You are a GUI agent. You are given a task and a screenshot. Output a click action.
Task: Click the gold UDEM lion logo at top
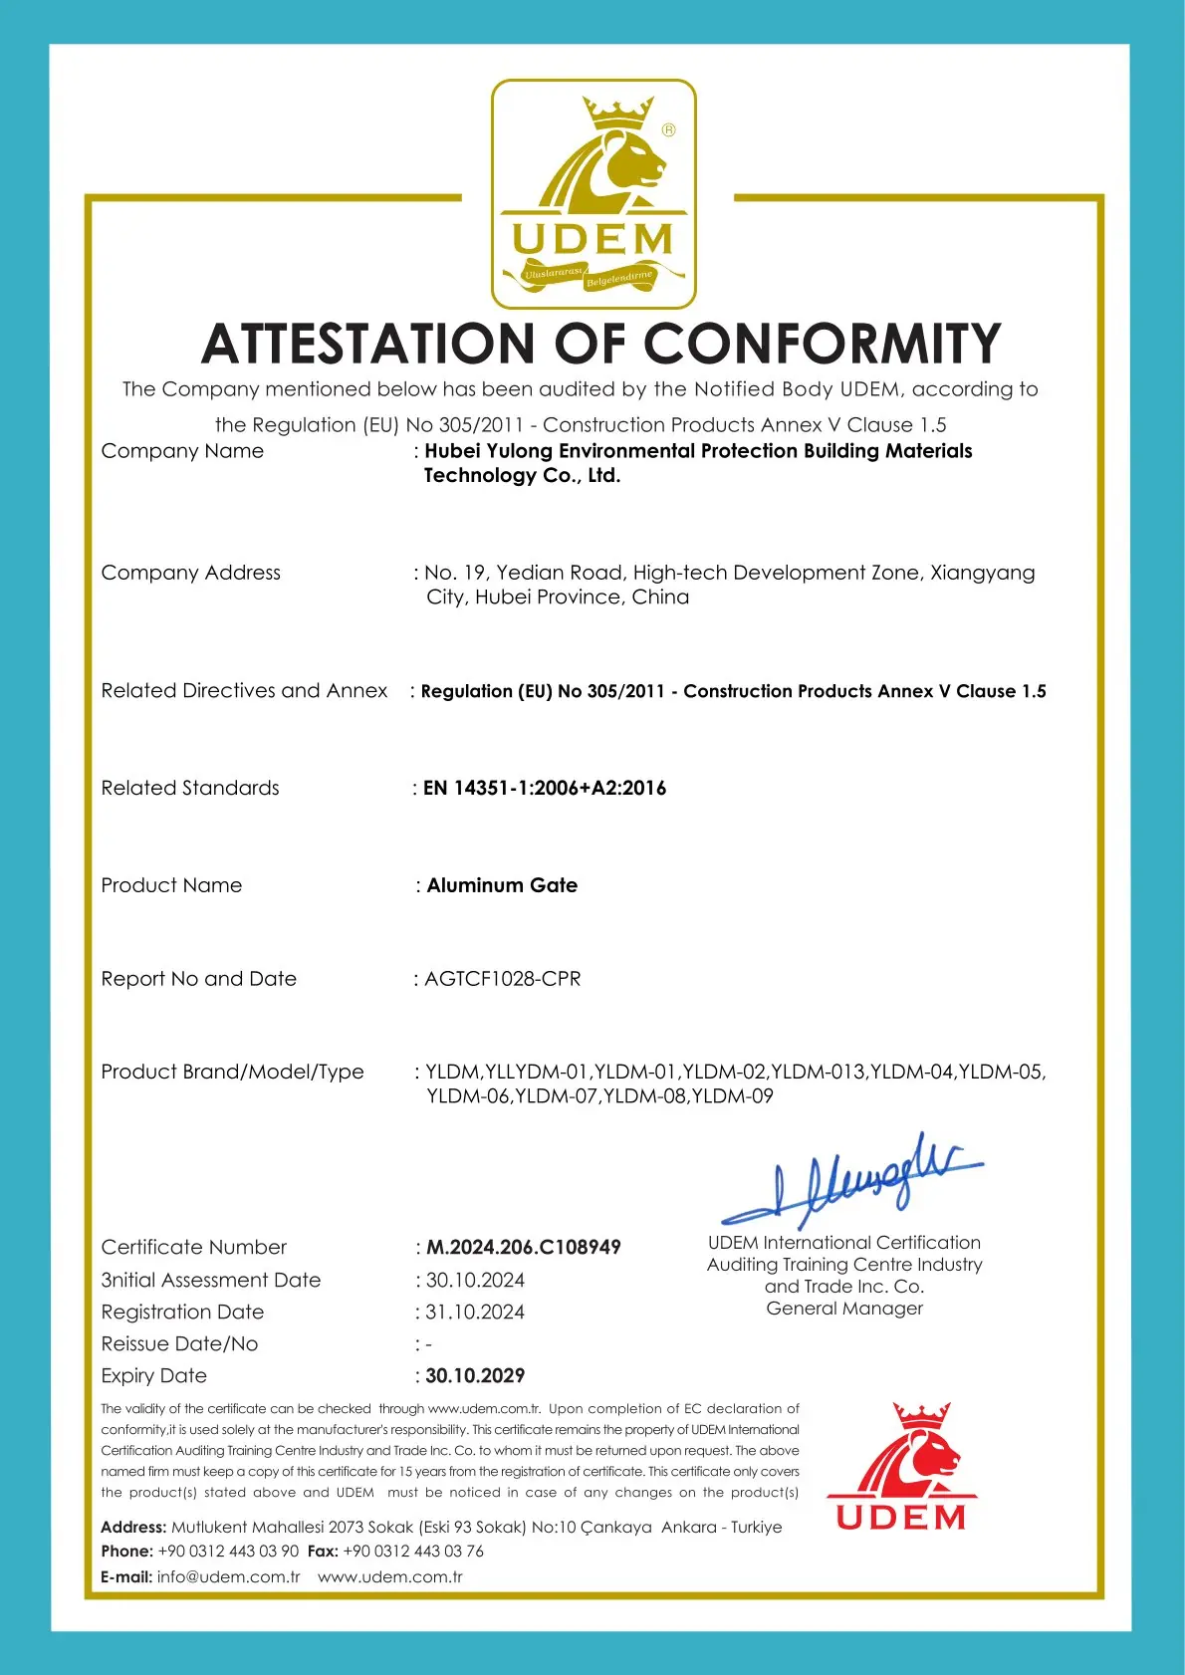[593, 194]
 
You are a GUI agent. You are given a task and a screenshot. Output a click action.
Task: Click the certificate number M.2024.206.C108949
[524, 1247]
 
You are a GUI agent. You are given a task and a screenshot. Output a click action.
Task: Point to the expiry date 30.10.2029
[475, 1375]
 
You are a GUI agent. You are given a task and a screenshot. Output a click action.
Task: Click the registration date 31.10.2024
[475, 1312]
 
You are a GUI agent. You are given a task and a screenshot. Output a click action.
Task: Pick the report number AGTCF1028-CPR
[503, 979]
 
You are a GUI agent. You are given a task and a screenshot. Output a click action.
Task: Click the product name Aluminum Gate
[502, 885]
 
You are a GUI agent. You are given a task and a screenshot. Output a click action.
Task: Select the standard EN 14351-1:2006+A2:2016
[545, 788]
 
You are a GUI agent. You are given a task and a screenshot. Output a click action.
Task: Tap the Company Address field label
[191, 573]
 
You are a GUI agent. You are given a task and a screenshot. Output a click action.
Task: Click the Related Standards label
[190, 788]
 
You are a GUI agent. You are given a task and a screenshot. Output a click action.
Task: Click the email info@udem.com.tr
[228, 1576]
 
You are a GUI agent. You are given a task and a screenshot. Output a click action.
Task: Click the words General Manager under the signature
[844, 1309]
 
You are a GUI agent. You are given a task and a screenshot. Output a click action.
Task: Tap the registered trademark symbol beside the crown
[669, 129]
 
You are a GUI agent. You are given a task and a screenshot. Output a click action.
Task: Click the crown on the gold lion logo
[618, 112]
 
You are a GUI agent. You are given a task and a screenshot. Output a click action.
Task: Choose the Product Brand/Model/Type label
[232, 1072]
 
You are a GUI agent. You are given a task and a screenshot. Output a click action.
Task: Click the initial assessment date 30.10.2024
[475, 1280]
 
